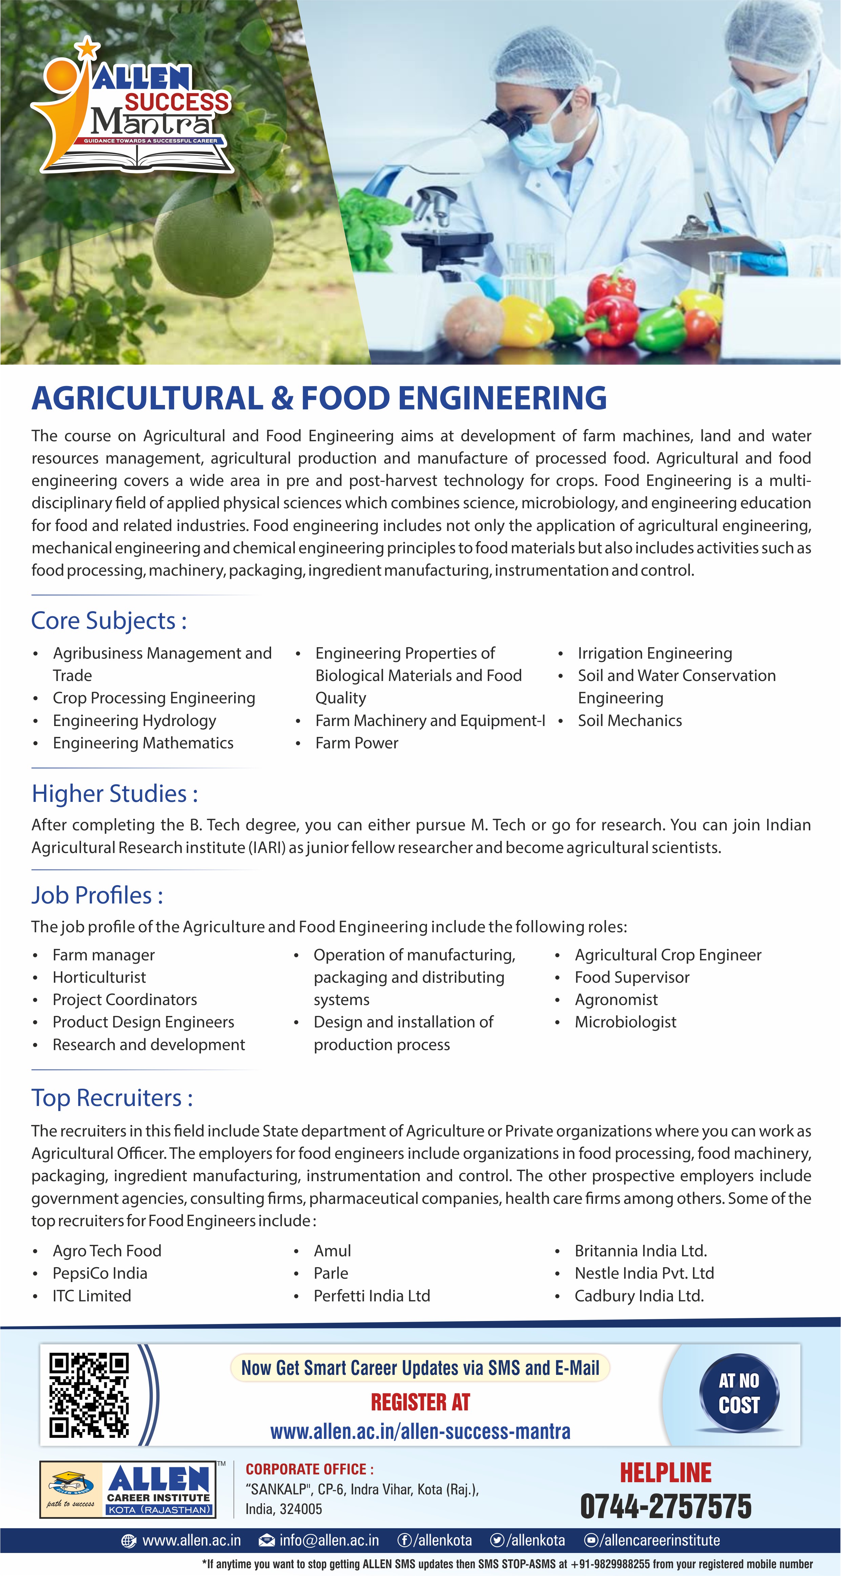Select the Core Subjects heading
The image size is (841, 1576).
(x=109, y=620)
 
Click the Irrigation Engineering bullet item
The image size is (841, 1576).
(x=654, y=654)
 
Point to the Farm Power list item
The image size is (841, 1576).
(x=356, y=743)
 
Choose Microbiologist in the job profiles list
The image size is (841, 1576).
(x=625, y=1022)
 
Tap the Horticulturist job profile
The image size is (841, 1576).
(x=99, y=977)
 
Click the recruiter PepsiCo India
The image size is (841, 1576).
(x=100, y=1273)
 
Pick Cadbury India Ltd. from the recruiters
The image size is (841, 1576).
(x=639, y=1296)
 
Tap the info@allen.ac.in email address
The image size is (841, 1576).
(x=329, y=1540)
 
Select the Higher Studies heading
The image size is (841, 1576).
(x=115, y=793)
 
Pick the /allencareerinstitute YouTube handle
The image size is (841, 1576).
(x=659, y=1540)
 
